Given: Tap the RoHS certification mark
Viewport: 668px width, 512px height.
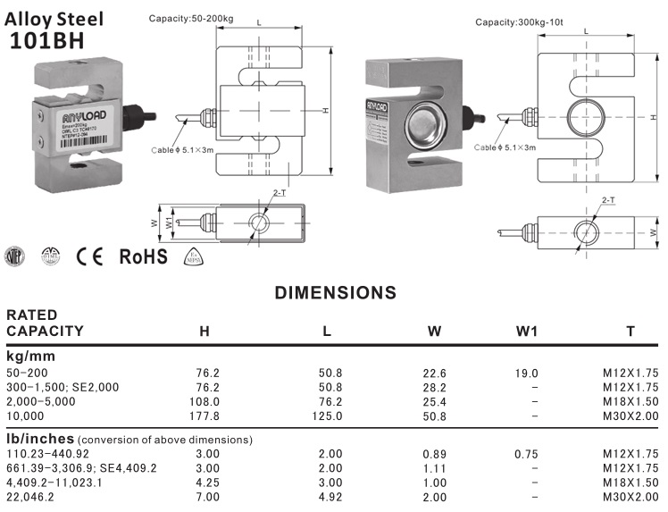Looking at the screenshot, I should point(144,256).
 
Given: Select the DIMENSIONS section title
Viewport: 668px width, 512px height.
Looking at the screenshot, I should point(335,293).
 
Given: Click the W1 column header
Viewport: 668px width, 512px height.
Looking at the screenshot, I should point(527,332).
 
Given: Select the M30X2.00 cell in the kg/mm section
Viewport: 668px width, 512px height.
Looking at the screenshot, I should point(630,416).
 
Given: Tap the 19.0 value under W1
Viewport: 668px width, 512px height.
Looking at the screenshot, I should point(527,373).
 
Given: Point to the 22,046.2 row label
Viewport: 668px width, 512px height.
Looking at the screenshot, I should point(30,497).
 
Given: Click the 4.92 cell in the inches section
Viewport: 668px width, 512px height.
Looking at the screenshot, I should point(330,497).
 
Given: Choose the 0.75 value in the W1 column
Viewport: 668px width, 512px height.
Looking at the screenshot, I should point(527,454).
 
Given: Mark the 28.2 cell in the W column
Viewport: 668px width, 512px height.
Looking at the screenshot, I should point(434,387).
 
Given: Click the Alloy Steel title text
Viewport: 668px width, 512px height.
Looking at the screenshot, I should point(54,18).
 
